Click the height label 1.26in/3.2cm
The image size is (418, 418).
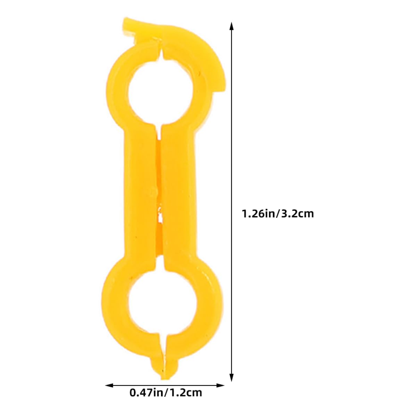click(x=278, y=213)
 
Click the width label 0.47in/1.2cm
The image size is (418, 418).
click(x=166, y=393)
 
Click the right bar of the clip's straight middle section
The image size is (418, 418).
click(x=177, y=194)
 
